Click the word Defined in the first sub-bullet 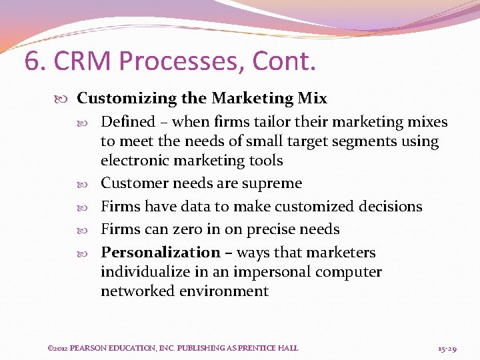127,122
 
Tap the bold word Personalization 160,253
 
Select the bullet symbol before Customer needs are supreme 91,183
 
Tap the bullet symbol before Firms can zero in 91,229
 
